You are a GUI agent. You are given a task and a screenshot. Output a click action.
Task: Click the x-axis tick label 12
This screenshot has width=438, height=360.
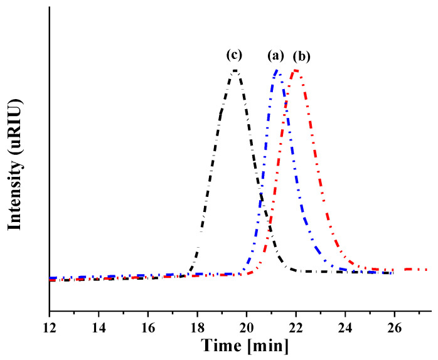(49, 327)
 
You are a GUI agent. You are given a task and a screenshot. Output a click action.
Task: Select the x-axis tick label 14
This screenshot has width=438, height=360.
(99, 327)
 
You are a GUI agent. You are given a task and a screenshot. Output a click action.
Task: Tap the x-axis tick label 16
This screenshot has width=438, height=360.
(148, 327)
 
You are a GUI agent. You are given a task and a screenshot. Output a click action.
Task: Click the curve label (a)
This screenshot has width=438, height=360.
(275, 56)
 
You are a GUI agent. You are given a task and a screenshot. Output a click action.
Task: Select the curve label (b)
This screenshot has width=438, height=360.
(301, 56)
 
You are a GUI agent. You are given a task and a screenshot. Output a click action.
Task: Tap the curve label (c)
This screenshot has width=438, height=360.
(234, 55)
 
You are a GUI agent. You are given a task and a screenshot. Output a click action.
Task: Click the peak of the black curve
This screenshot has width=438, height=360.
(235, 70)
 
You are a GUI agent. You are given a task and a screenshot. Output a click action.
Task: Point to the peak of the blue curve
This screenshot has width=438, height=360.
(277, 71)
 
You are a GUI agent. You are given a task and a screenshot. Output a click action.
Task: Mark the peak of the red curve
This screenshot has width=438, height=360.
(296, 70)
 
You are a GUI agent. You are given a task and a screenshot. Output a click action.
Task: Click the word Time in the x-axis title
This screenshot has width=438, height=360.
(223, 346)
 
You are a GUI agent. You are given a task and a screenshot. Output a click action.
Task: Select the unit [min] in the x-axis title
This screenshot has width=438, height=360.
(268, 346)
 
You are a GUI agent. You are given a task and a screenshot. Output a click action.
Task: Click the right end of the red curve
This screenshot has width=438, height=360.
(427, 270)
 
